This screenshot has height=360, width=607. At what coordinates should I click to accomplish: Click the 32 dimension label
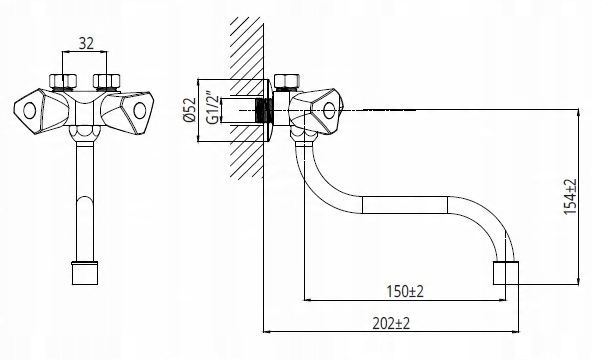[x=86, y=43]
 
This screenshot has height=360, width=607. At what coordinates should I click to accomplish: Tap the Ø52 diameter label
[x=190, y=110]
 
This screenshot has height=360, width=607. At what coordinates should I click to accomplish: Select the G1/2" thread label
[x=213, y=108]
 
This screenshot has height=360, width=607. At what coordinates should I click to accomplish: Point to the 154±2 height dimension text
[x=570, y=197]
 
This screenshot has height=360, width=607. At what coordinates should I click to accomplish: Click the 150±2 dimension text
[x=405, y=291]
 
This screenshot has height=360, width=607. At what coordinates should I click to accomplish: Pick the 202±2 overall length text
[x=391, y=323]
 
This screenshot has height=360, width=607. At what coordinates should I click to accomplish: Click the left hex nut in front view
[x=63, y=81]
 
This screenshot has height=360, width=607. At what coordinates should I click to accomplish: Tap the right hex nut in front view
[x=107, y=81]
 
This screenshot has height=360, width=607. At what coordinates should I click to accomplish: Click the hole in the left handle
[x=29, y=111]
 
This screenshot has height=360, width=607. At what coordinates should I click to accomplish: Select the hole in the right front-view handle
[x=139, y=111]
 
